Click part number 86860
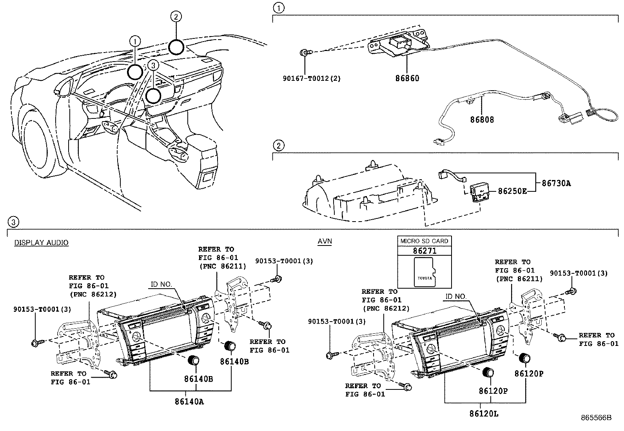(407, 78)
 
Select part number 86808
(482, 120)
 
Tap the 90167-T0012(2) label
(312, 78)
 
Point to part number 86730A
(556, 183)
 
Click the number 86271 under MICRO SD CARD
(424, 251)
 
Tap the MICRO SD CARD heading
(424, 241)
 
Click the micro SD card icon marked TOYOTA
(424, 272)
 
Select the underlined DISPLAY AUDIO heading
(41, 242)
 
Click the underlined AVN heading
(325, 241)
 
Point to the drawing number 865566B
(596, 418)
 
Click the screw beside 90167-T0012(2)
(306, 52)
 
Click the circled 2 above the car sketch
(176, 16)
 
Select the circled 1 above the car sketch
(135, 41)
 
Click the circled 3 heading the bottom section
(13, 222)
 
